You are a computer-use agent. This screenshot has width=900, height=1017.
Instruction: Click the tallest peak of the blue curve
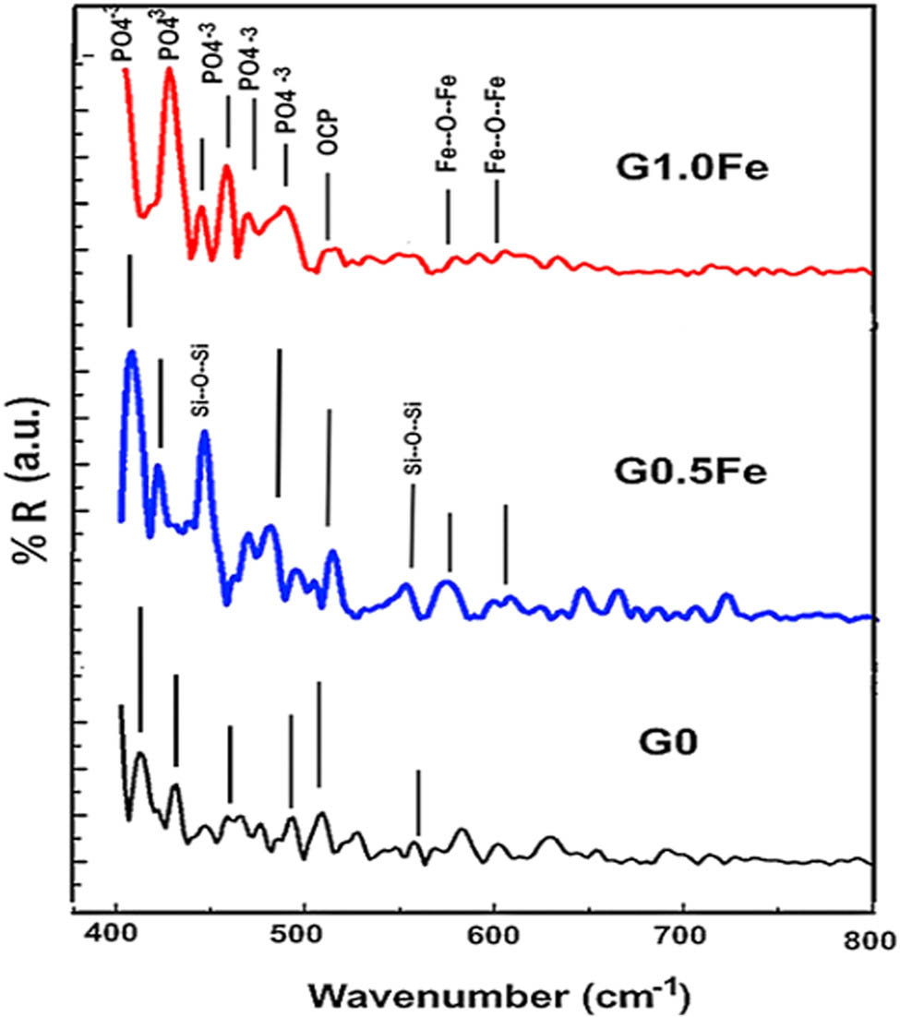pyautogui.click(x=132, y=353)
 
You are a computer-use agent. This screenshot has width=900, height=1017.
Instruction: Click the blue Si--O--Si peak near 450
pyautogui.click(x=204, y=432)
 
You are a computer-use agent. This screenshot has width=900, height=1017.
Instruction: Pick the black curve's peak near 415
pyautogui.click(x=140, y=754)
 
